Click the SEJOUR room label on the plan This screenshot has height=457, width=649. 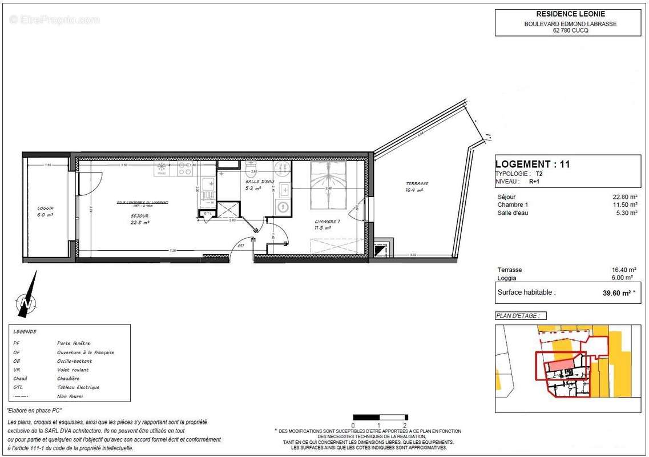pyautogui.click(x=139, y=215)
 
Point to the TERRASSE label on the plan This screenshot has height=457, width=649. pyautogui.click(x=417, y=183)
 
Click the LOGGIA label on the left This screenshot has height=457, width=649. pyautogui.click(x=45, y=208)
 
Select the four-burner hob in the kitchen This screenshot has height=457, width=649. pyautogui.click(x=184, y=169)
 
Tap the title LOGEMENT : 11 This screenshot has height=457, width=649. pyautogui.click(x=533, y=164)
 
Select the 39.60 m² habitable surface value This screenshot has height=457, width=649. pyautogui.click(x=618, y=292)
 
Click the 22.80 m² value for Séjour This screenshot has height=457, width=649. pyautogui.click(x=621, y=197)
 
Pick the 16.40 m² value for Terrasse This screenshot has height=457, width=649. pyautogui.click(x=621, y=270)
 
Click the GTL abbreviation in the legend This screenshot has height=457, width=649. pyautogui.click(x=18, y=387)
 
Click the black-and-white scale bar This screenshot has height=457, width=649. pyautogui.click(x=380, y=417)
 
